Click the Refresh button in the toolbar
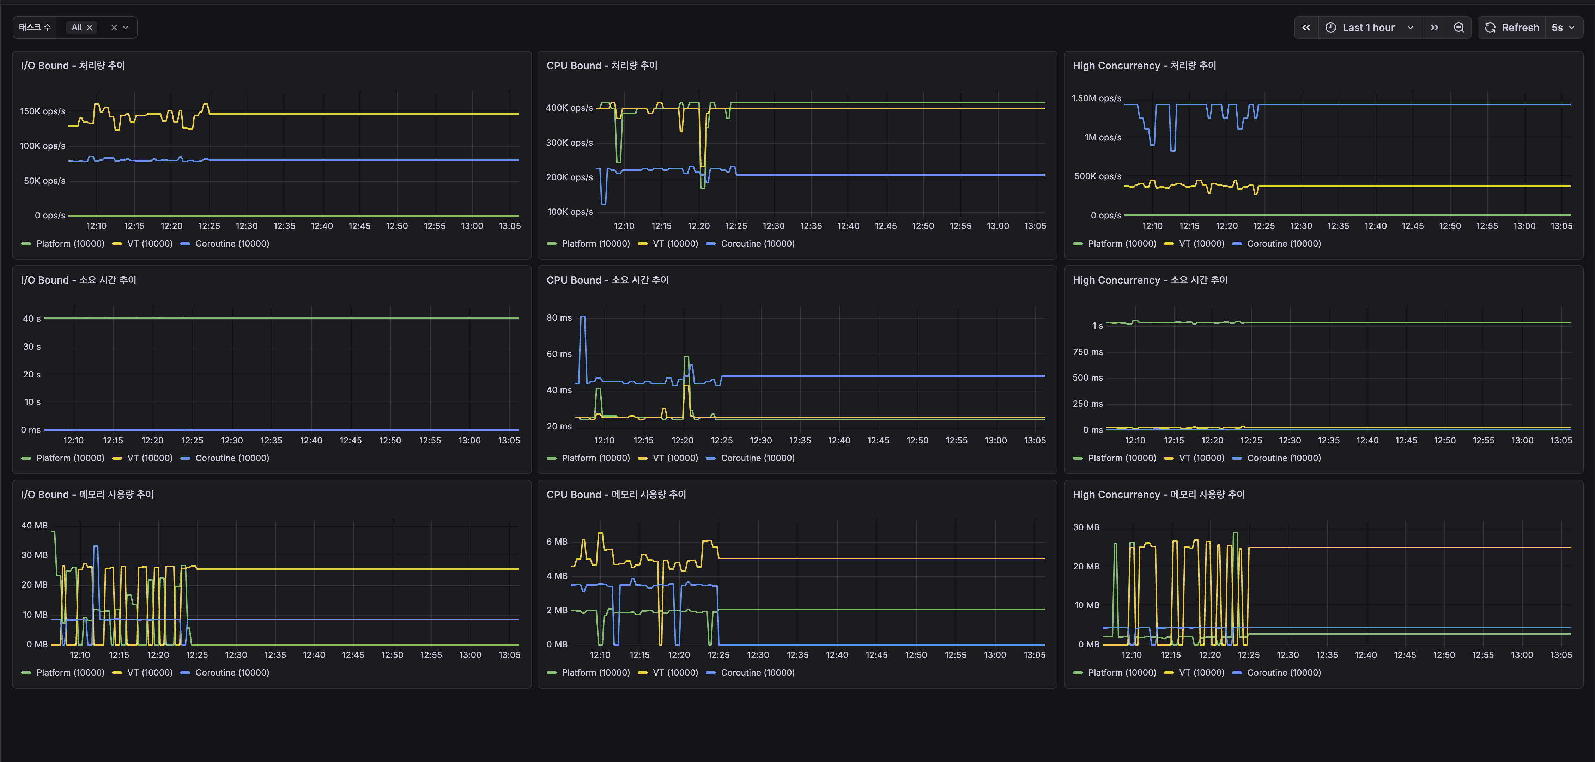point(1511,27)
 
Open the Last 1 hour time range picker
point(1369,27)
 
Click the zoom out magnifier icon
point(1459,27)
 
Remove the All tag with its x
point(90,27)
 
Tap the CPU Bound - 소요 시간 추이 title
point(607,280)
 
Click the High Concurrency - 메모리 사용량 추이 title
point(1158,494)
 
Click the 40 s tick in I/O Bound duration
point(32,319)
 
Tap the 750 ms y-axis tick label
point(1088,352)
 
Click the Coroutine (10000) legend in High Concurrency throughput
point(1284,243)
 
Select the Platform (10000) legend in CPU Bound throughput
point(596,243)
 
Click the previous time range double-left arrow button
point(1306,27)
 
